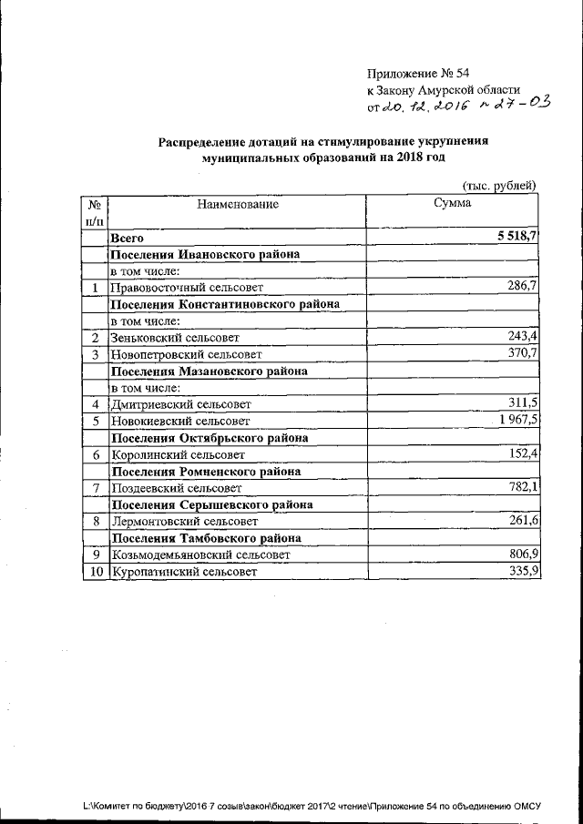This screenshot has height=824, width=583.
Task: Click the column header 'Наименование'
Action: point(238,205)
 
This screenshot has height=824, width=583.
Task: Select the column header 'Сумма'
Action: point(453,205)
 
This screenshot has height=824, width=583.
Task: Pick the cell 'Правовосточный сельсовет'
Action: point(186,288)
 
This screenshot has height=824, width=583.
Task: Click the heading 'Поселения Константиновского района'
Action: point(225,304)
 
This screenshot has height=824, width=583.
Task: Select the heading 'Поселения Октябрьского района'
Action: point(208,437)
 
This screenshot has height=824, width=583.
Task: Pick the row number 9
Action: point(95,554)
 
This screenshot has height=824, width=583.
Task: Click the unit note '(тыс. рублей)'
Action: point(499,185)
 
